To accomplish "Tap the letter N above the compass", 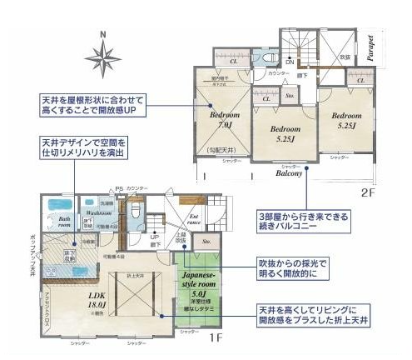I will (102, 34).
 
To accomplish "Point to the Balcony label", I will (289, 174).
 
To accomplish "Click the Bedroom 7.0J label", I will (223, 119).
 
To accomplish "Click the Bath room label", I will (63, 222).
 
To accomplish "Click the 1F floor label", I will (213, 337).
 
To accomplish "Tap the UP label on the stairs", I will (155, 237).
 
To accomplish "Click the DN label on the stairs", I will (289, 62).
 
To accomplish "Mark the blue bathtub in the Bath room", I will (60, 204).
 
